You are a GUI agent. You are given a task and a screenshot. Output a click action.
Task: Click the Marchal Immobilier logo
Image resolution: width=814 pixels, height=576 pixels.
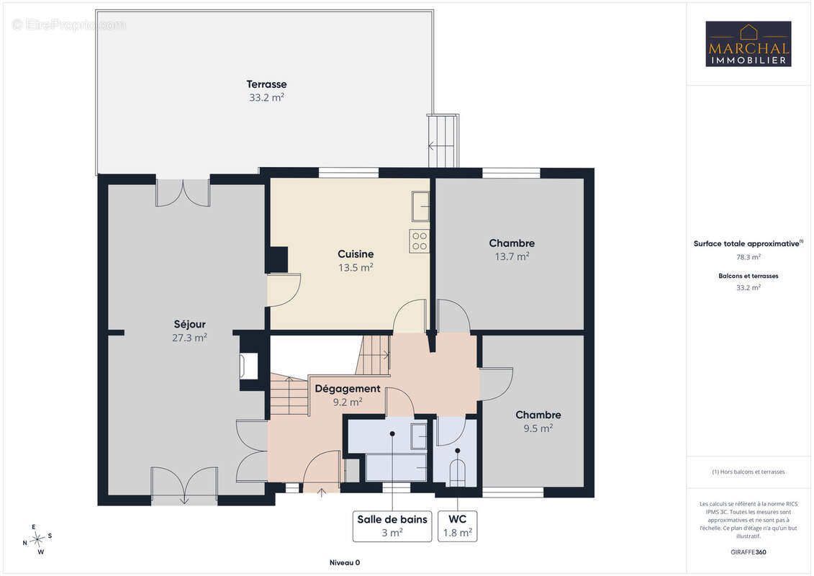pyautogui.click(x=748, y=44)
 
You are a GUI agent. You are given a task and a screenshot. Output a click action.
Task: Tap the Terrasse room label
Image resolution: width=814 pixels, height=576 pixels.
pyautogui.click(x=266, y=84)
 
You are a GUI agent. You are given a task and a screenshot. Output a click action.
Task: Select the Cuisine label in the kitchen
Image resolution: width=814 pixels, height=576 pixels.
pyautogui.click(x=356, y=254)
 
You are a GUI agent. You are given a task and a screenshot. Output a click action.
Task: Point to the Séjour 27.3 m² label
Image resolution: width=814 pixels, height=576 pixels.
pyautogui.click(x=190, y=331)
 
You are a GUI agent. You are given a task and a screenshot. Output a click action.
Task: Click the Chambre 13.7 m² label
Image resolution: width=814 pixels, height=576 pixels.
pyautogui.click(x=512, y=249)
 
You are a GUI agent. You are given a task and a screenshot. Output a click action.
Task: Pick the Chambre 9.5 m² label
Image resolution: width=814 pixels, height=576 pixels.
pyautogui.click(x=538, y=421)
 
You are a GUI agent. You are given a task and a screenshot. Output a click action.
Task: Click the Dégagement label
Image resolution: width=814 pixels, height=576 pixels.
pyautogui.click(x=348, y=389)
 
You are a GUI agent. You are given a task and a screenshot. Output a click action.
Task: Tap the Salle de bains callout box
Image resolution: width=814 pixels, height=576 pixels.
pyautogui.click(x=392, y=526)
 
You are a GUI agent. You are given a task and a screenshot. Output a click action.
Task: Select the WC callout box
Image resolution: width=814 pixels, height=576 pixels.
pyautogui.click(x=457, y=526)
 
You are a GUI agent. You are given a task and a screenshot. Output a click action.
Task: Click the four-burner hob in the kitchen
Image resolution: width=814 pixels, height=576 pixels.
pyautogui.click(x=420, y=241)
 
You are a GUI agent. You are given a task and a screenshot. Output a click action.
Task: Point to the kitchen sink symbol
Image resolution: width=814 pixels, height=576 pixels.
pyautogui.click(x=420, y=206)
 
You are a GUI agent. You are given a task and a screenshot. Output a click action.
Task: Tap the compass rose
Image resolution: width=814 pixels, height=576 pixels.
pyautogui.click(x=37, y=540)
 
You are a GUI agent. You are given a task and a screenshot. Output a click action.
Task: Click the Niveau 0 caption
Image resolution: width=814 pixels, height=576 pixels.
pyautogui.click(x=345, y=562)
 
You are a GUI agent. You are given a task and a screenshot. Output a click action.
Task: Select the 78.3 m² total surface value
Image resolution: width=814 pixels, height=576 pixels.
pyautogui.click(x=748, y=257)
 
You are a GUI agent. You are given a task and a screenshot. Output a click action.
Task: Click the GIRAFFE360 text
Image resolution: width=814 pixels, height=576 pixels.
pyautogui.click(x=748, y=552)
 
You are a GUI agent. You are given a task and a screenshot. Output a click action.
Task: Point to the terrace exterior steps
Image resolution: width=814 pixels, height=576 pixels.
pyautogui.click(x=443, y=140)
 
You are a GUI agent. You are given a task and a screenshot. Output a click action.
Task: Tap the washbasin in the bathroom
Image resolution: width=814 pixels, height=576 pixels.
pyautogui.click(x=419, y=436)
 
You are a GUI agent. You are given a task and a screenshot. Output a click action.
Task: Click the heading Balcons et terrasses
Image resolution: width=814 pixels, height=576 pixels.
pyautogui.click(x=748, y=276)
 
